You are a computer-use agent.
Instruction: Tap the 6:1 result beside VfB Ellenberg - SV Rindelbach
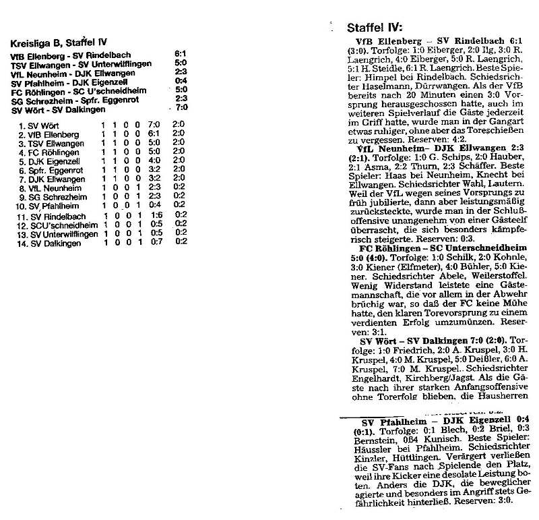coord(180,54)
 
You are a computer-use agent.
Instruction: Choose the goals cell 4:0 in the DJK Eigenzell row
coord(153,161)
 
